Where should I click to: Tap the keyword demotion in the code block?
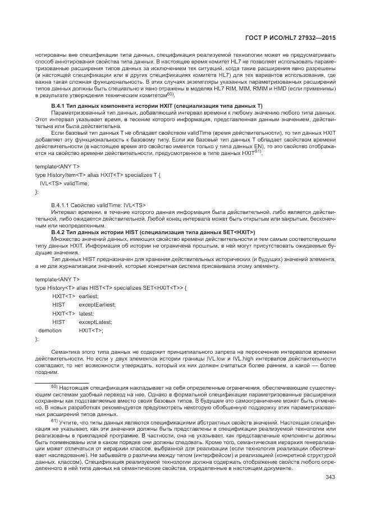[x=49, y=331]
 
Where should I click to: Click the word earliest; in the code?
[x=89, y=295]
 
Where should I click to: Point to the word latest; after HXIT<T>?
[x=86, y=313]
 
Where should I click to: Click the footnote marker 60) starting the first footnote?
[x=54, y=387]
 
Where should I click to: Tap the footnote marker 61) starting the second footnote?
[x=54, y=420]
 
